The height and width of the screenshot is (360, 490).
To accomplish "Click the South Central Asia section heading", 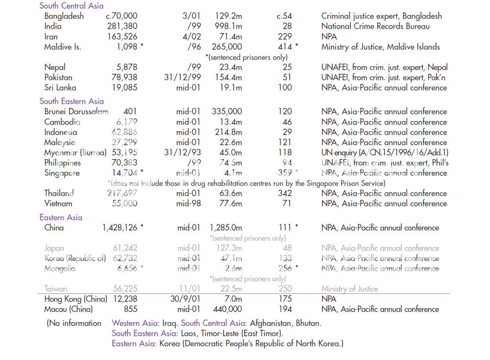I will (x=71, y=6).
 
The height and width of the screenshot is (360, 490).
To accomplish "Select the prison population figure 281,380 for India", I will (x=123, y=26).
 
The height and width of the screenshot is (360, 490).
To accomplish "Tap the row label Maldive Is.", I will (x=63, y=47).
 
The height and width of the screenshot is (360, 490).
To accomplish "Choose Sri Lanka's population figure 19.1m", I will (x=230, y=88).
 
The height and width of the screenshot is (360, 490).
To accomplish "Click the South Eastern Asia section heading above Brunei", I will (x=71, y=101).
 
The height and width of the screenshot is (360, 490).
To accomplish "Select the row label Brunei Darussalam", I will (x=77, y=112).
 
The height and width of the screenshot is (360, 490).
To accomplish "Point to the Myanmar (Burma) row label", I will (x=75, y=153).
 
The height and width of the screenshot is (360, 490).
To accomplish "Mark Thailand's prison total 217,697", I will (x=122, y=194).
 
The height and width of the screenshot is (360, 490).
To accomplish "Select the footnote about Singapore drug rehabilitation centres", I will (x=246, y=183).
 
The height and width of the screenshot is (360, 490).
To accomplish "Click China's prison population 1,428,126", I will (x=120, y=228).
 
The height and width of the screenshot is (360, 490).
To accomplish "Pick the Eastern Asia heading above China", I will (x=61, y=217).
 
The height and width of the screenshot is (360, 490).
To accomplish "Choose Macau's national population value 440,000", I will (x=227, y=309).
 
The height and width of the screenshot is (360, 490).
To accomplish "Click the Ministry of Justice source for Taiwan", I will (x=350, y=289).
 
